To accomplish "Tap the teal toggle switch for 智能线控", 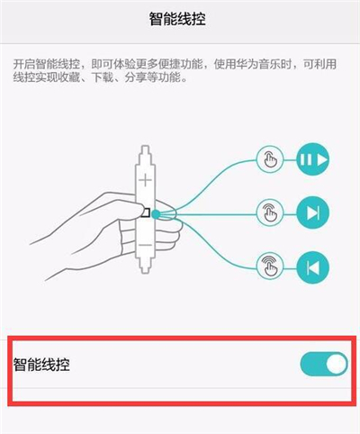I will (323, 364).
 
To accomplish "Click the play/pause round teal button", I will (312, 160).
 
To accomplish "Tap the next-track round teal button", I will (312, 213).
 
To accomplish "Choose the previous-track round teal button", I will (312, 267).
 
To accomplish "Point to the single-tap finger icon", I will (270, 160).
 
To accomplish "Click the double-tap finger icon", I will (270, 213).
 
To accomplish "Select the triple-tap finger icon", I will (270, 267).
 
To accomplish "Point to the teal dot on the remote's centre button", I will (157, 214).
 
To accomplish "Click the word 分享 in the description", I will (135, 79).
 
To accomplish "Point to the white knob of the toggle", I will (335, 364).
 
